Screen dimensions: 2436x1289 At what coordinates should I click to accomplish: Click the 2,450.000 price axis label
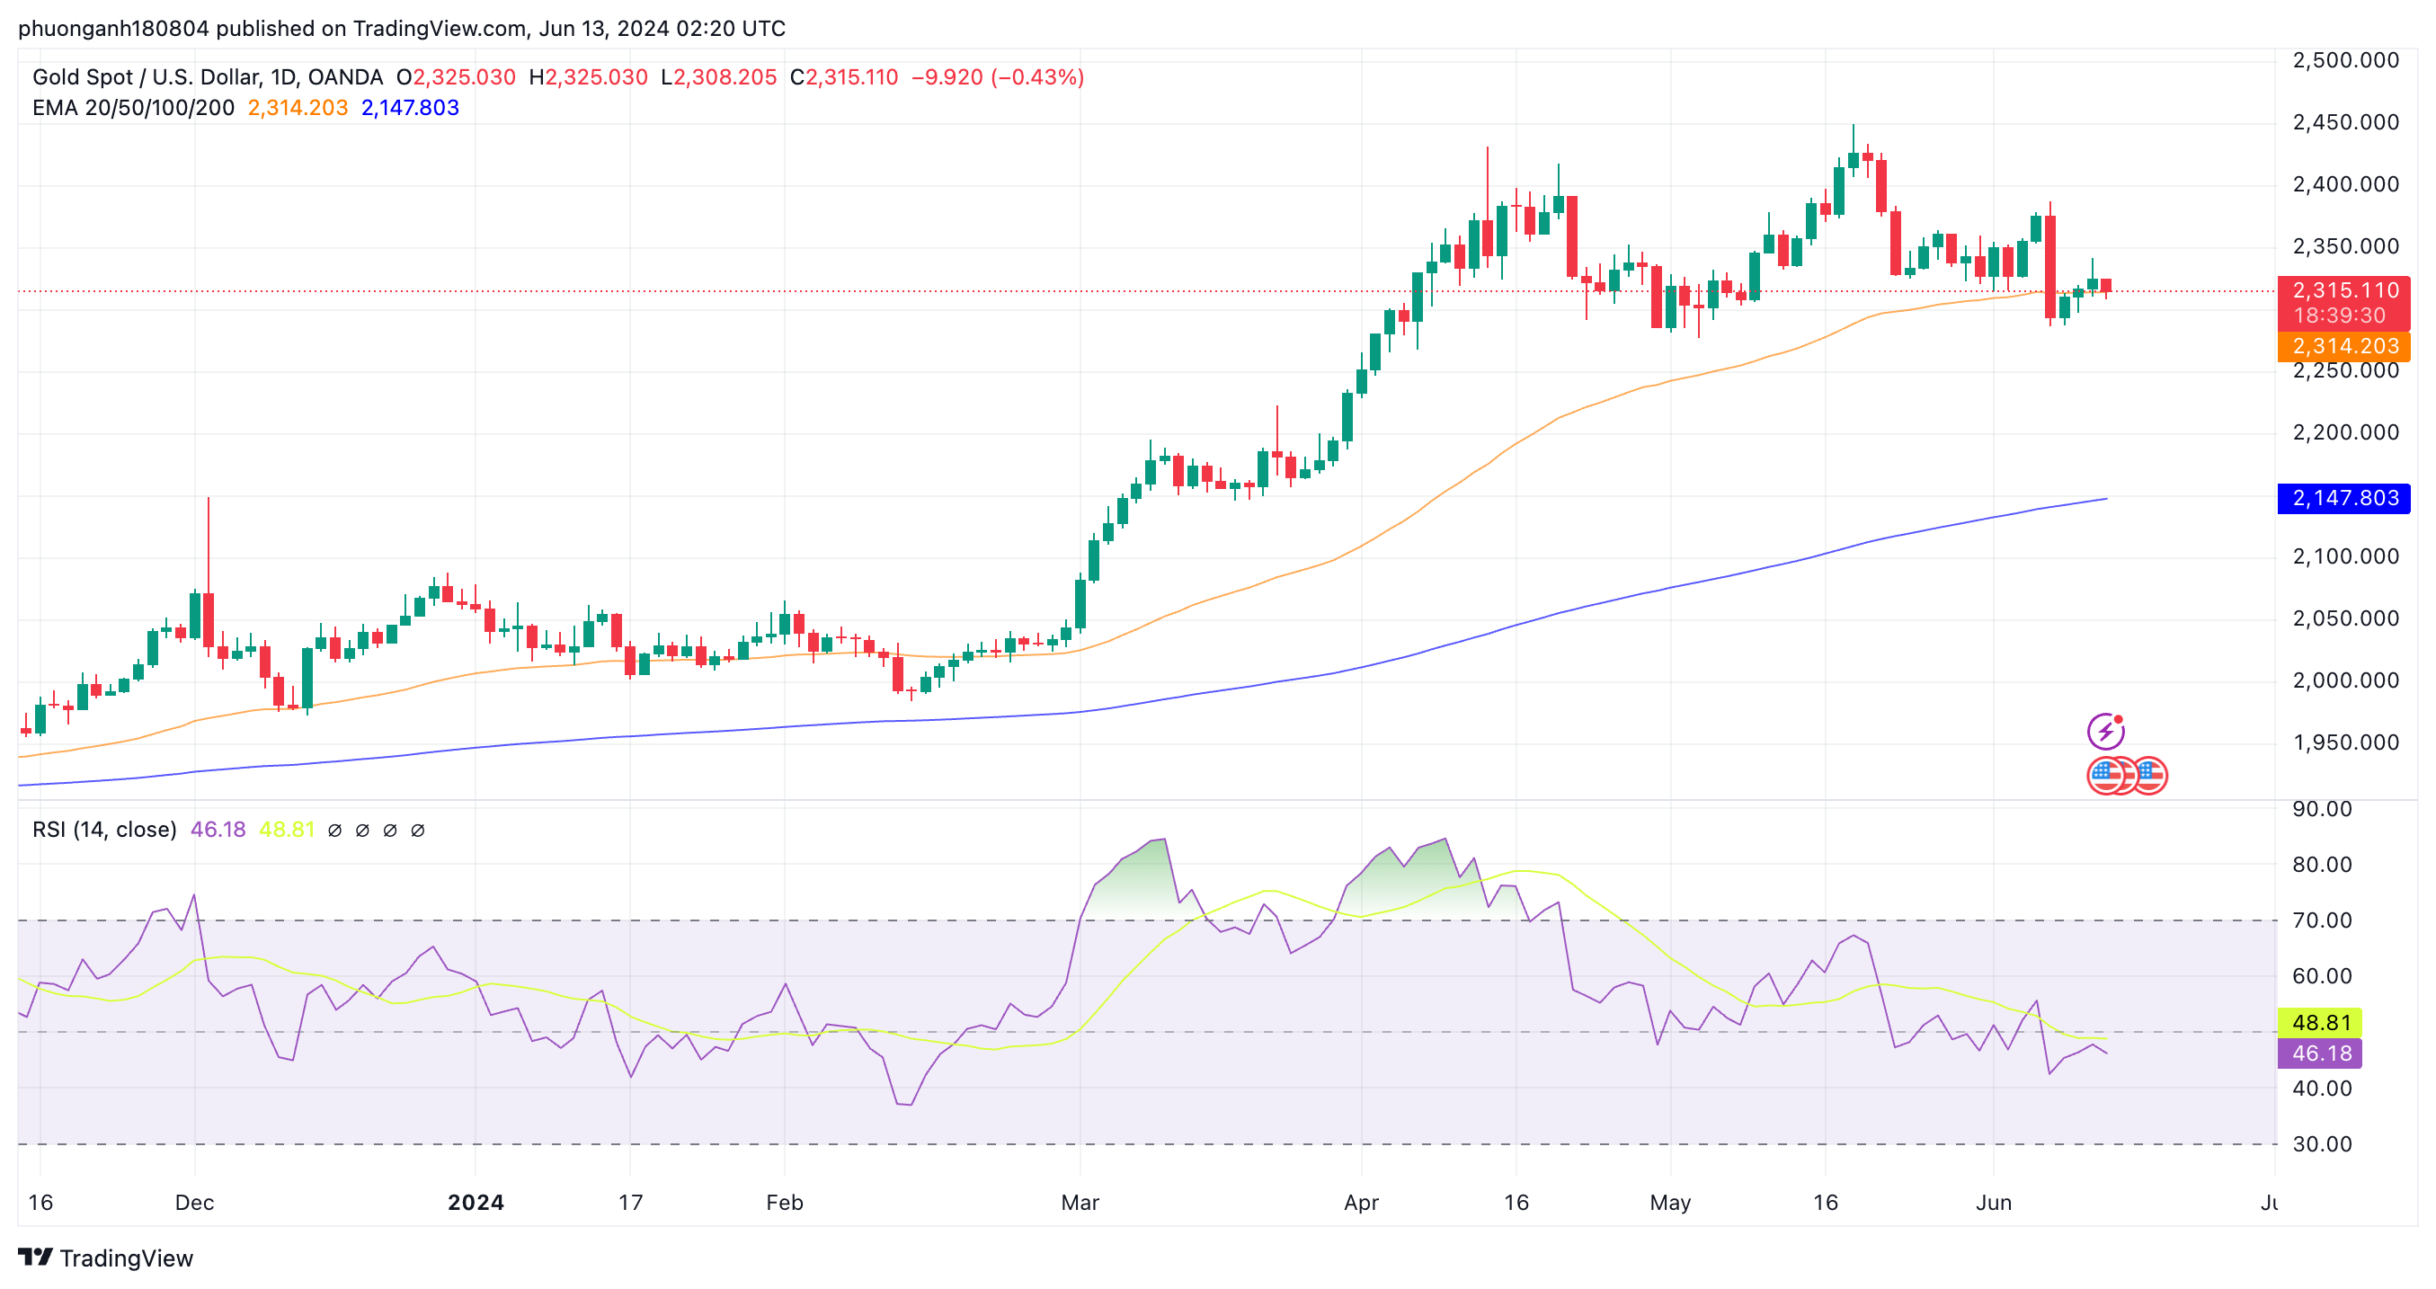tap(2345, 123)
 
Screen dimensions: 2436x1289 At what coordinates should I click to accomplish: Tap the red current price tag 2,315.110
tap(2343, 290)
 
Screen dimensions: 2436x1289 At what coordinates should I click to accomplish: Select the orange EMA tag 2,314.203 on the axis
tap(2343, 346)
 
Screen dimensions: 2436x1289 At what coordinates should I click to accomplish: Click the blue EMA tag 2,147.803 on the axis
tap(2343, 498)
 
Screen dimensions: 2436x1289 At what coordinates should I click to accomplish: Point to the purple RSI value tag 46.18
tap(2320, 1053)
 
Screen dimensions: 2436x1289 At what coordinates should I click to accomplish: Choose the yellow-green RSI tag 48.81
tap(2320, 1023)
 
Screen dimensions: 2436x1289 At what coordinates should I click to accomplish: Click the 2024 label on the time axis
tap(476, 1203)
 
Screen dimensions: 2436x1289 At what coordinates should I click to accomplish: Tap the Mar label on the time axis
tap(1080, 1203)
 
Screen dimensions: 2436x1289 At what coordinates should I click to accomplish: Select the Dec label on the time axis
tap(195, 1203)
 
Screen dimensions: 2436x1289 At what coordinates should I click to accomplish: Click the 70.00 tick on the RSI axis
tap(2322, 921)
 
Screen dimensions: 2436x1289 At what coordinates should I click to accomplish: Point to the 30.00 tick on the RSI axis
tap(2322, 1145)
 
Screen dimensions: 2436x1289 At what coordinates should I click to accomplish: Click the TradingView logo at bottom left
tap(106, 1258)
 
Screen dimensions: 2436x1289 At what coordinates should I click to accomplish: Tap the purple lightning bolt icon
tap(2106, 731)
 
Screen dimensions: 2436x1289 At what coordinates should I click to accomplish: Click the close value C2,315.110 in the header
tap(843, 77)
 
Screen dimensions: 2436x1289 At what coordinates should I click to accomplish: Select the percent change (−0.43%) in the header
tap(1037, 77)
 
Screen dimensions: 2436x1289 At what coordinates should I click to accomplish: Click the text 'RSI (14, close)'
tap(105, 831)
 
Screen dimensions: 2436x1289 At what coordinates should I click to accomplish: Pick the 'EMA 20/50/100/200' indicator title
tap(133, 108)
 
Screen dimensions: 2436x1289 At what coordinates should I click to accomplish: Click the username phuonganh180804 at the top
tap(113, 29)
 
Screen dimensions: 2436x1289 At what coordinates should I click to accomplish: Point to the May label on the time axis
tap(1670, 1203)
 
